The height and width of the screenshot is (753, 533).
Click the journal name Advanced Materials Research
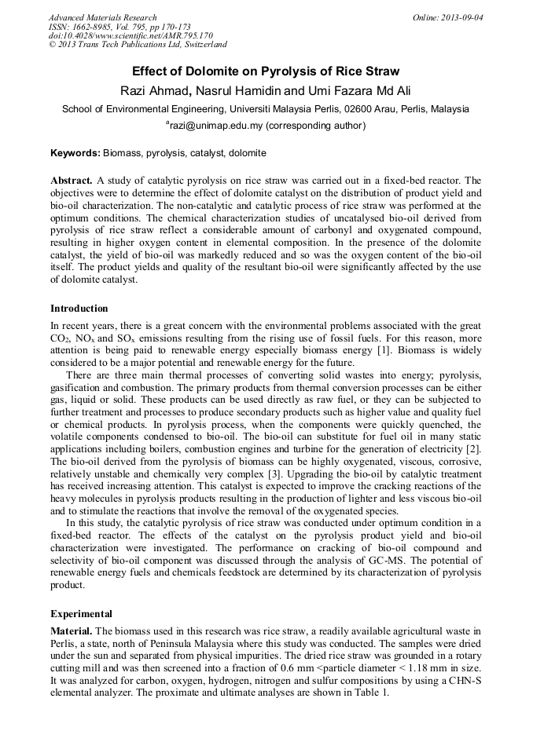click(x=102, y=17)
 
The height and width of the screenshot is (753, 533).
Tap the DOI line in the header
click(x=130, y=36)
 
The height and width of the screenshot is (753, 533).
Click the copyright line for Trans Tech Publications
click(x=138, y=46)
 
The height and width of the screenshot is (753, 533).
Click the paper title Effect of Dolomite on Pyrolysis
click(x=266, y=71)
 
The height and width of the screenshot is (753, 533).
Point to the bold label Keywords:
click(x=75, y=152)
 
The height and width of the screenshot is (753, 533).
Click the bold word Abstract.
click(x=72, y=181)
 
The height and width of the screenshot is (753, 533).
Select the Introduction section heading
click(x=79, y=309)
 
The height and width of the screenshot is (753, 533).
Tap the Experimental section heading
click(x=81, y=614)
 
